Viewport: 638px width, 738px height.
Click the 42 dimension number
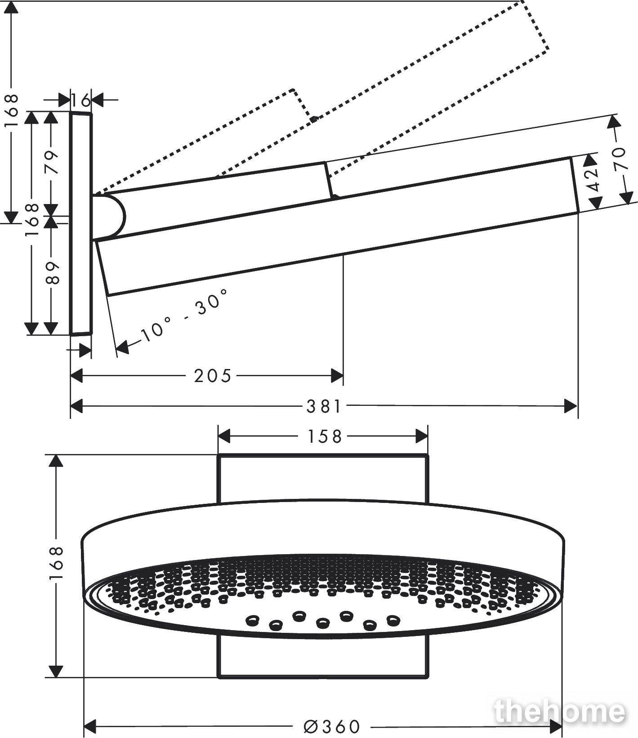pyautogui.click(x=594, y=179)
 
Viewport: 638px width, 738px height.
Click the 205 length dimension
pyautogui.click(x=212, y=375)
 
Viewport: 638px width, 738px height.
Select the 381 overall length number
pyautogui.click(x=324, y=407)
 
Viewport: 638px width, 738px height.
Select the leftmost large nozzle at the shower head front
pyautogui.click(x=251, y=621)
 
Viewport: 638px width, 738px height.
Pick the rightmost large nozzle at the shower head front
pyautogui.click(x=393, y=620)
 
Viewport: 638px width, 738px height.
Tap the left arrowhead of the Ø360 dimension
pyautogui.click(x=91, y=725)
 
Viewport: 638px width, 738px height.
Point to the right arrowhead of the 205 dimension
pyautogui.click(x=337, y=375)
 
